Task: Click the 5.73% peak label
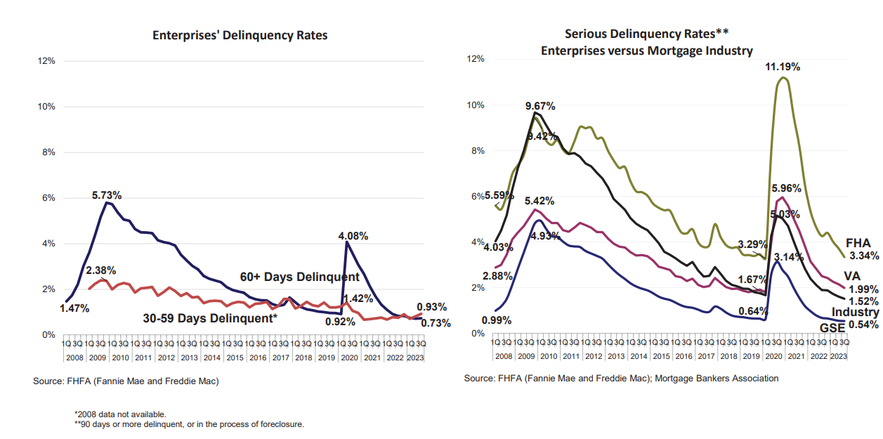point(107,194)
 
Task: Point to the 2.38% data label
point(101,270)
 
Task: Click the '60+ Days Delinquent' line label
point(300,277)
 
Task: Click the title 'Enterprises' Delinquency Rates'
point(240,35)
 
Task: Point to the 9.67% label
point(540,106)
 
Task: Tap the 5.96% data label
point(785,188)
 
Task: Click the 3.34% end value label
point(864,256)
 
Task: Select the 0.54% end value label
point(863,325)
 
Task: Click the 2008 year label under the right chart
point(503,356)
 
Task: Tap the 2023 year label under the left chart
point(415,358)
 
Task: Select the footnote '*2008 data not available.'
point(120,414)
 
